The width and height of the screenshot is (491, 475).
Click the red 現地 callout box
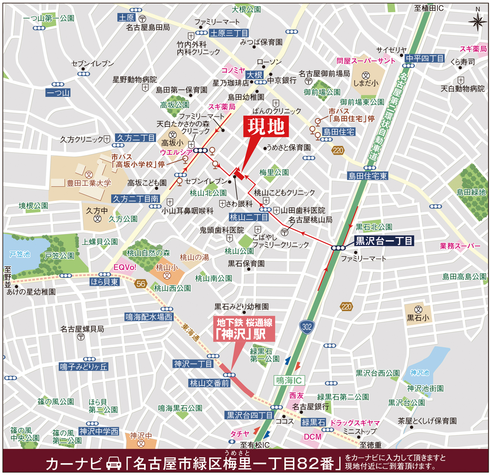(x=266, y=127)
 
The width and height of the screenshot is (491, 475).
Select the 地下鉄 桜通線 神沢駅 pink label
(x=244, y=329)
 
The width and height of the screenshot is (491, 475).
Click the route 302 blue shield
(x=307, y=327)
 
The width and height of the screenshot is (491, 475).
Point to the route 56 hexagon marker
(x=141, y=284)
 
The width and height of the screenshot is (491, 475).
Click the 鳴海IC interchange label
(x=289, y=380)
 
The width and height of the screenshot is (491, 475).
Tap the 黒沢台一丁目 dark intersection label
(x=384, y=241)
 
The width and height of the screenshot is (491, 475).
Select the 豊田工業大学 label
(x=89, y=183)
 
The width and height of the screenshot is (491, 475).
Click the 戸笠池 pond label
(x=20, y=254)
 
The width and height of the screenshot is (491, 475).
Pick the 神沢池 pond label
(x=420, y=373)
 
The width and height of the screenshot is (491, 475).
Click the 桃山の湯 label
(x=194, y=257)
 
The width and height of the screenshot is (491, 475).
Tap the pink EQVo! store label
(x=125, y=267)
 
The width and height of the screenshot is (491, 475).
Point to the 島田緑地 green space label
(x=471, y=192)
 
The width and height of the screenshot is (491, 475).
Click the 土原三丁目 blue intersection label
(x=229, y=33)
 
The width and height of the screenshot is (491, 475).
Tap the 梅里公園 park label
(x=274, y=172)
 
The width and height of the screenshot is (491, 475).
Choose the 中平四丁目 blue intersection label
(x=425, y=58)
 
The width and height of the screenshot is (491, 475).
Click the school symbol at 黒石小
(x=418, y=309)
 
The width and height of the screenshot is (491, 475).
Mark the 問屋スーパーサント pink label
(x=366, y=61)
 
